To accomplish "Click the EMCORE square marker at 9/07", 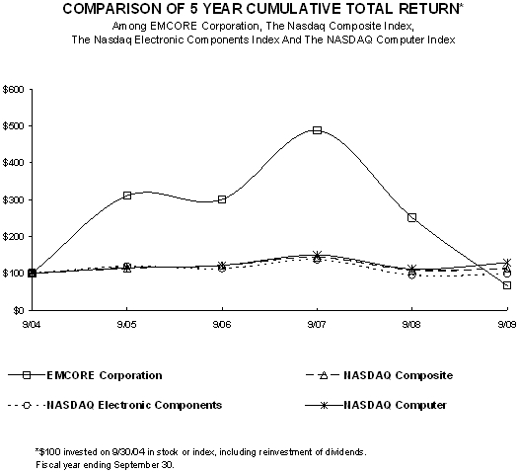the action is tap(317, 130).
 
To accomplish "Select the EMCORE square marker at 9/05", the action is tap(127, 196).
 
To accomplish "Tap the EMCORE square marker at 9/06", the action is tap(222, 199).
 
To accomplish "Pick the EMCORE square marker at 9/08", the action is tap(412, 217).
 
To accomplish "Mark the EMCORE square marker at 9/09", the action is tap(507, 285).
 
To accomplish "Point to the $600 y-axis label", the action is tap(13, 90).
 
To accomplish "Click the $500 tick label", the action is tap(13, 126).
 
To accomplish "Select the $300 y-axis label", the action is tap(13, 199).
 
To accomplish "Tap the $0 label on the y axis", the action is tap(19, 310).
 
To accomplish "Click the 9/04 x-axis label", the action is tap(32, 325).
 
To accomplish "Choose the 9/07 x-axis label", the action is tap(317, 325).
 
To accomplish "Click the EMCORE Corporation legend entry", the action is tap(85, 375).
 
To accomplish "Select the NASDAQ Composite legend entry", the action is tap(380, 375).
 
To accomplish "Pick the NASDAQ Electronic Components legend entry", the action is tap(115, 405).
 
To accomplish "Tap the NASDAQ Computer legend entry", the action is tap(376, 405).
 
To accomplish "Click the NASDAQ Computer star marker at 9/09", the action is tap(507, 263).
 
